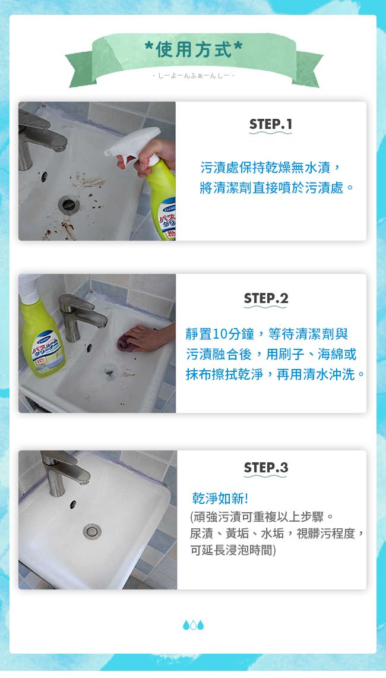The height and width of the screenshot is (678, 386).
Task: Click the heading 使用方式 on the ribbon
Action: click(x=194, y=49)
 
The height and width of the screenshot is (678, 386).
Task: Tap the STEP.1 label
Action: click(x=271, y=125)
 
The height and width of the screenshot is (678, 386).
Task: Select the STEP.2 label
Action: click(x=266, y=298)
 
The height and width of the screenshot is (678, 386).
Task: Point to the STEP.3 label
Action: click(x=266, y=468)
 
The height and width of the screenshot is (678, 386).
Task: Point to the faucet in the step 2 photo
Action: click(x=81, y=316)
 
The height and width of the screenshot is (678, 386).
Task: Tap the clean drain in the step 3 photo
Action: click(x=92, y=531)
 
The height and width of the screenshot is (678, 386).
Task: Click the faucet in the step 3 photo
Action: click(x=64, y=471)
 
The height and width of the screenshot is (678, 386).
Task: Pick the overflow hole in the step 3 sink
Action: click(x=73, y=504)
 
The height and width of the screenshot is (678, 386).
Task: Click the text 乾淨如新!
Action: click(x=220, y=499)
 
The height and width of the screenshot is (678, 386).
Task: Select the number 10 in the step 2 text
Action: click(x=220, y=334)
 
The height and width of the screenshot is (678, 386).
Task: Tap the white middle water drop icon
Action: click(x=193, y=625)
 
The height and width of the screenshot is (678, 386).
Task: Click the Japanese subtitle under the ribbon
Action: click(x=193, y=75)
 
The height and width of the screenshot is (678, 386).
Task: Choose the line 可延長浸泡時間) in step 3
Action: click(x=233, y=550)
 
